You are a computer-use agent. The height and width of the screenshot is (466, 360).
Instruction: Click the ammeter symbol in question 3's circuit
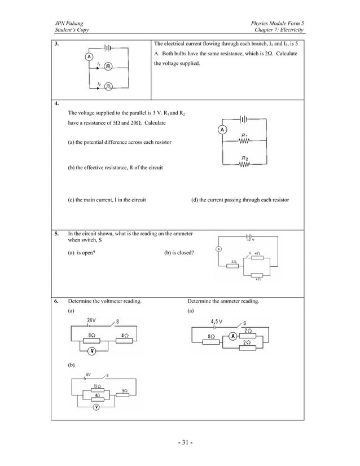89,56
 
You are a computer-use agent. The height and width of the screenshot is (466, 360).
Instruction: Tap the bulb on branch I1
108,67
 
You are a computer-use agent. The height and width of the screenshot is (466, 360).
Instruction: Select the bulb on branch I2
108,86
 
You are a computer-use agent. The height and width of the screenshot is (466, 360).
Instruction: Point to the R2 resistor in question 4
244,164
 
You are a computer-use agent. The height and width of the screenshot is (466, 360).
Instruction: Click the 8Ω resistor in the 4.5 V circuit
211,342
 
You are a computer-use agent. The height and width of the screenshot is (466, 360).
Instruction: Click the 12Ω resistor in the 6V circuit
97,390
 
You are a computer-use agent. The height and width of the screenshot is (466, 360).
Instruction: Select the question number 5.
57,234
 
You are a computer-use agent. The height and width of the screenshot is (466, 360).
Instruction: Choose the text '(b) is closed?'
179,253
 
